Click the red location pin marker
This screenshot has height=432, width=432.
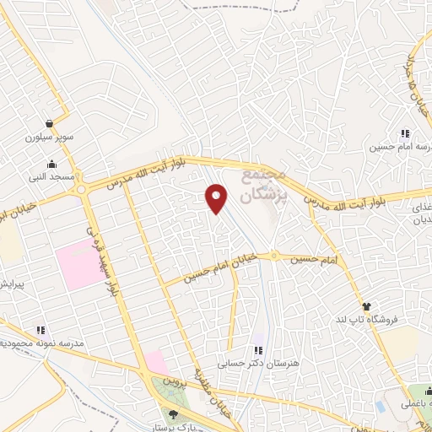click(218, 198)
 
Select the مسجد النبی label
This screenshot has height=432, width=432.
click(53, 177)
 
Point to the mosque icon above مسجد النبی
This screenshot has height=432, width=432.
click(53, 164)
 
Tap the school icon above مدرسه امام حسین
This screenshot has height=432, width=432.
click(406, 133)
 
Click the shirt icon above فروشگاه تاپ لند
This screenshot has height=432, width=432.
click(366, 306)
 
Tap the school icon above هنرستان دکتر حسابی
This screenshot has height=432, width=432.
click(259, 349)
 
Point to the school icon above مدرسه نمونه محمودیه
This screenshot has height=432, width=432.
click(40, 330)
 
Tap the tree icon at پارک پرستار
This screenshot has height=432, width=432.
click(174, 414)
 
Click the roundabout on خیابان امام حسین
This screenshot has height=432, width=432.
click(274, 256)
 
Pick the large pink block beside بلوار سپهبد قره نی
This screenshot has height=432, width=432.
click(78, 263)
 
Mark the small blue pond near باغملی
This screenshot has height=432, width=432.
click(381, 406)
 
